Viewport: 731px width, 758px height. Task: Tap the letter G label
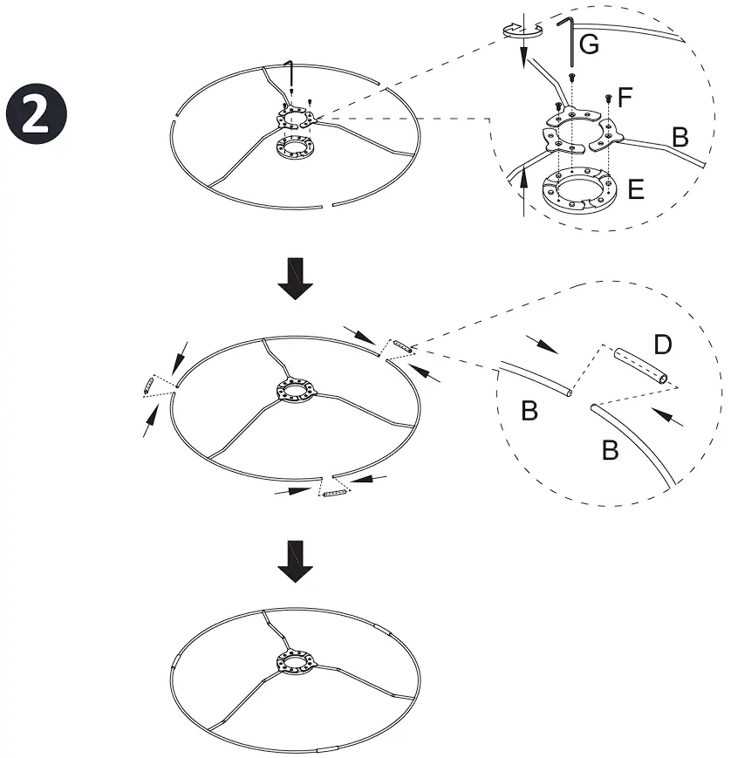[589, 45]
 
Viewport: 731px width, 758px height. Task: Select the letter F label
[625, 97]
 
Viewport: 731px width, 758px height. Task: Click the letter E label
[636, 189]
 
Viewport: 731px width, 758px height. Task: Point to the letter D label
[662, 345]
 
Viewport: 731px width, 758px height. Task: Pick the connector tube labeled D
[641, 366]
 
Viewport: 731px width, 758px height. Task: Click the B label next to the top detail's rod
[680, 137]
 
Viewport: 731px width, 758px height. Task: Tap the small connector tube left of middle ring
[149, 385]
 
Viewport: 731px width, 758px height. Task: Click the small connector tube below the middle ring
[335, 495]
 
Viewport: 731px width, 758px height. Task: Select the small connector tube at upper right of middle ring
[402, 347]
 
